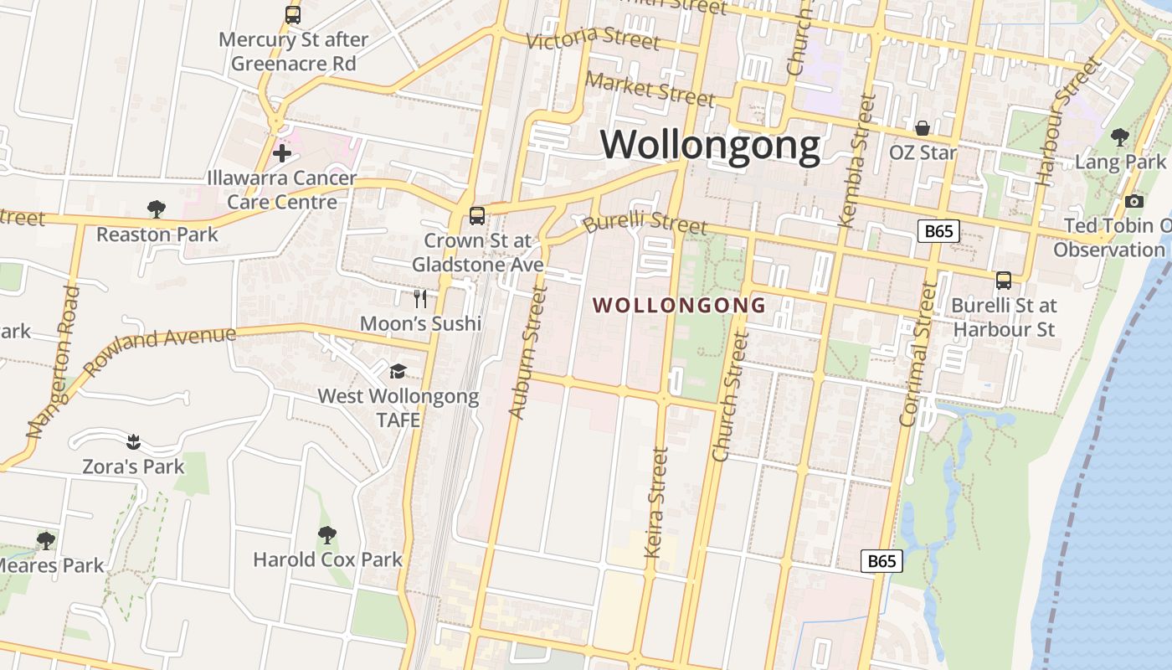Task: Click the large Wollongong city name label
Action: point(710,145)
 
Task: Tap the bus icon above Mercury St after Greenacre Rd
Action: point(292,14)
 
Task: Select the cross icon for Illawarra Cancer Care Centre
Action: point(282,153)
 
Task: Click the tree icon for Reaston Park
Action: point(156,209)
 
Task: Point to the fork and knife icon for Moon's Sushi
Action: point(420,298)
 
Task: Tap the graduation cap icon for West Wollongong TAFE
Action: point(398,370)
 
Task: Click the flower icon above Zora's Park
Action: point(132,441)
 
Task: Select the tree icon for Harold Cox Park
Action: point(327,534)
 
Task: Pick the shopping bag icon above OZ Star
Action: point(922,128)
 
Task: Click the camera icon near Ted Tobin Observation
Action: point(1134,201)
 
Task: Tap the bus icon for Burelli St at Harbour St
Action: point(1003,281)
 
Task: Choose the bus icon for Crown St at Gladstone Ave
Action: point(476,215)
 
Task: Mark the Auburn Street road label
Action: point(527,352)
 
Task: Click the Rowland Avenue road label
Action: point(159,349)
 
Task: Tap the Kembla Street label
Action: point(857,159)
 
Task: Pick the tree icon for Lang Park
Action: point(1119,137)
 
